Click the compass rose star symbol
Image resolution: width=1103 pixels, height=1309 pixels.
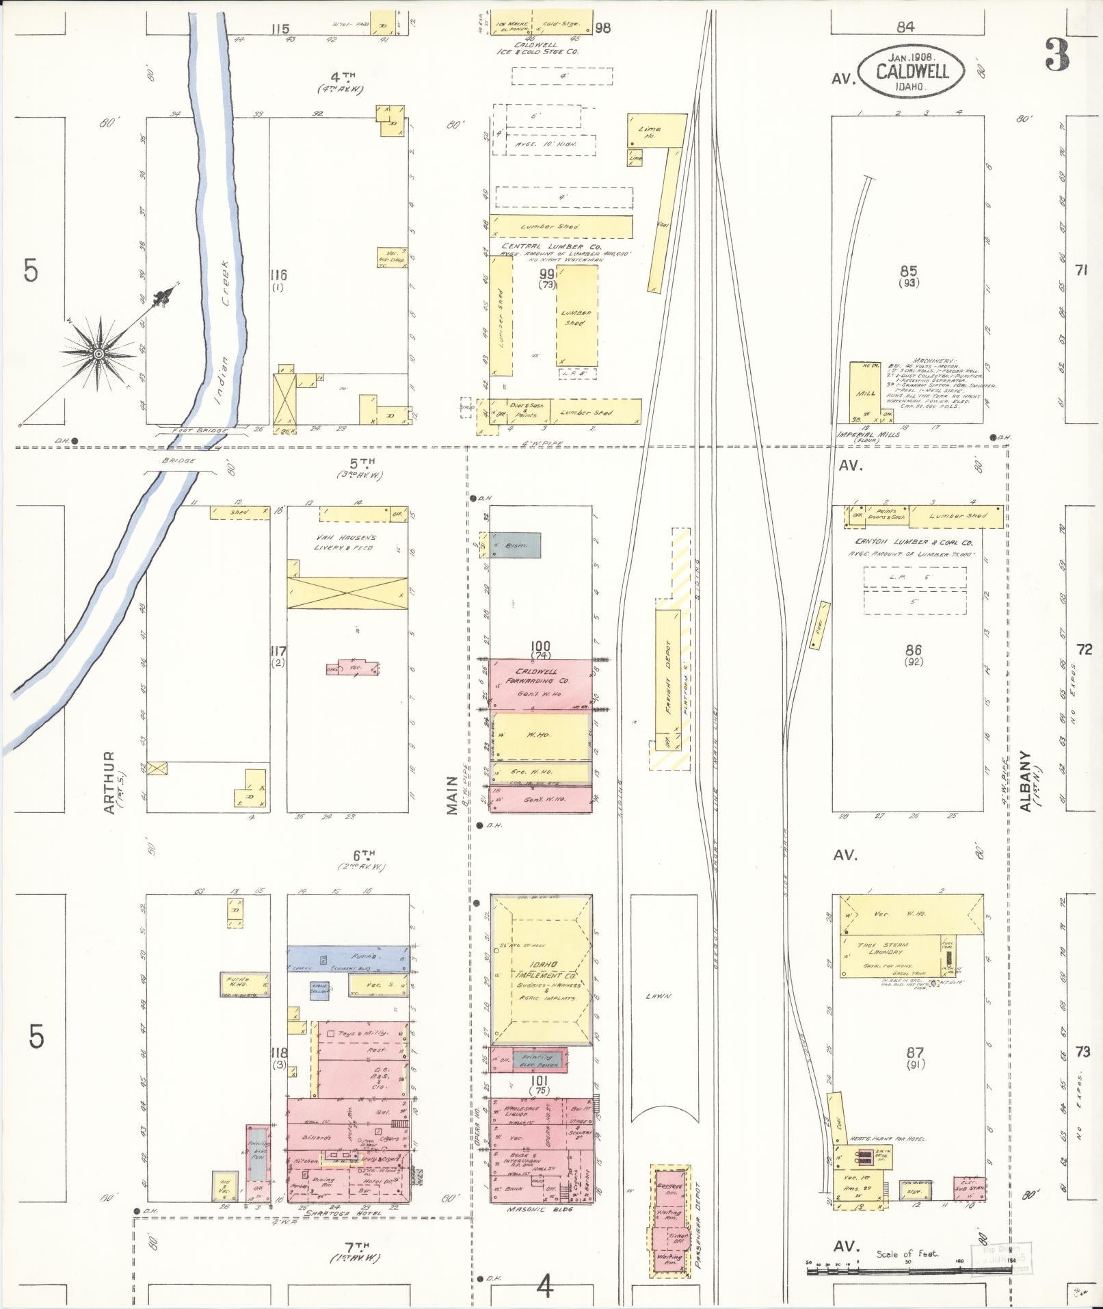pyautogui.click(x=98, y=353)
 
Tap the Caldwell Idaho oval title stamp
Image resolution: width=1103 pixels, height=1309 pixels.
pyautogui.click(x=912, y=70)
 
